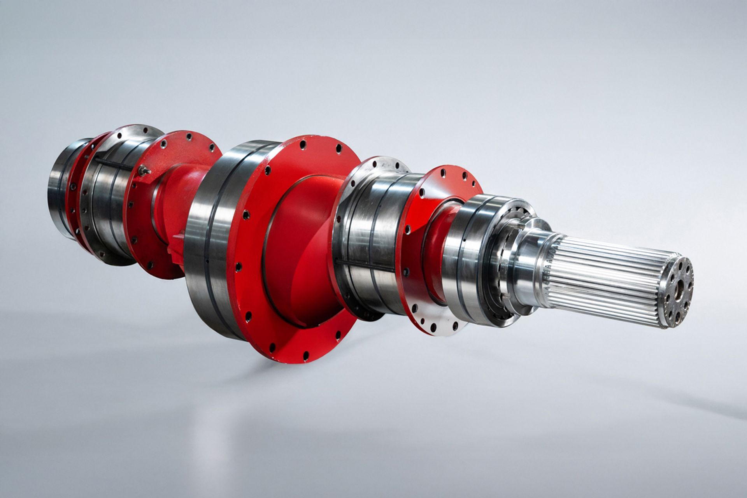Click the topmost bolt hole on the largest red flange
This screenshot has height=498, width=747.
click(303, 145)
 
